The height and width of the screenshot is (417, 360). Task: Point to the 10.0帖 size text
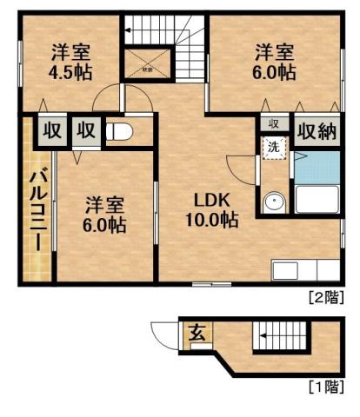coord(211,221)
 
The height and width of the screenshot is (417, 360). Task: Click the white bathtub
coord(317,200)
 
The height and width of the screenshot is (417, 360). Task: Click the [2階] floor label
coord(326,296)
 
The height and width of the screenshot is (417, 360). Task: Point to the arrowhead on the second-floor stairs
coord(128,30)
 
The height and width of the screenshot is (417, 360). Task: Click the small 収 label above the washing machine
coord(273,123)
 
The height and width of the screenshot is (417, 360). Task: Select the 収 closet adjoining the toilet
coord(85,132)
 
